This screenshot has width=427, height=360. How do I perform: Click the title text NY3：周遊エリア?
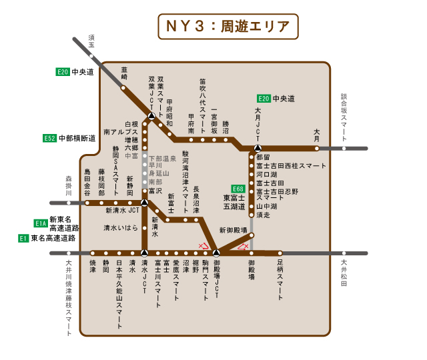[227, 27]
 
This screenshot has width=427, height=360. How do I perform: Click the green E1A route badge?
[41, 223]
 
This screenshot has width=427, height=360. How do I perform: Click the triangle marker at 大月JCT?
[258, 148]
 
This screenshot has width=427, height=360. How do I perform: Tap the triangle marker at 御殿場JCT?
[216, 253]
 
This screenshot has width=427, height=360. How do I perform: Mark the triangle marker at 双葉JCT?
[151, 116]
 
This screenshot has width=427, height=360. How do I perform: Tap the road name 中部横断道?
[77, 138]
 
